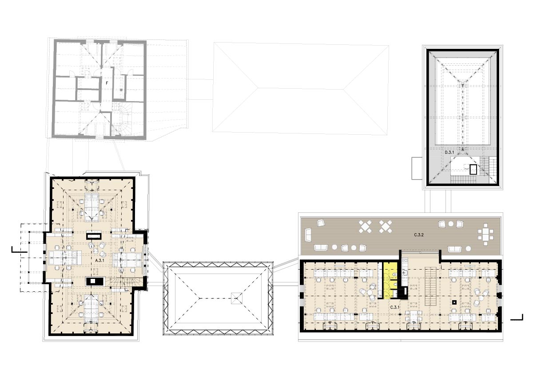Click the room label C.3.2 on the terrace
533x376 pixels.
point(419,235)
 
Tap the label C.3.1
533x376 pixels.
point(394,307)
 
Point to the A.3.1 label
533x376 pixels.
point(100,260)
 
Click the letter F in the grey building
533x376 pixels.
point(107,83)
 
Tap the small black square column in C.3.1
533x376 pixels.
point(454,302)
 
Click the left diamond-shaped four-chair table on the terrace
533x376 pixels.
point(365,227)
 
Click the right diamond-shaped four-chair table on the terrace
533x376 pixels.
point(386,227)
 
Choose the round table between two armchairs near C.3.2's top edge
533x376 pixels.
point(451,223)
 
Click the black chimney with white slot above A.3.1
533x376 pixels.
point(94,236)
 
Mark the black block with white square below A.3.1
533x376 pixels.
point(95,281)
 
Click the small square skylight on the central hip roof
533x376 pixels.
point(236,298)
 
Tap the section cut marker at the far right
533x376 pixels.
point(517,317)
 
